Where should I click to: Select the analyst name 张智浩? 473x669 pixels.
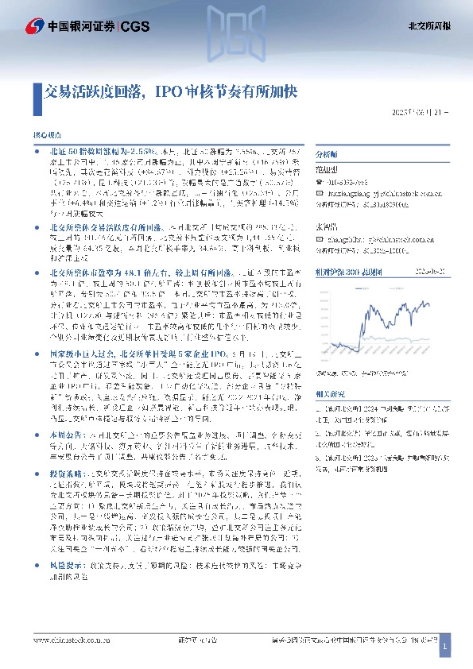(x=328, y=223)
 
